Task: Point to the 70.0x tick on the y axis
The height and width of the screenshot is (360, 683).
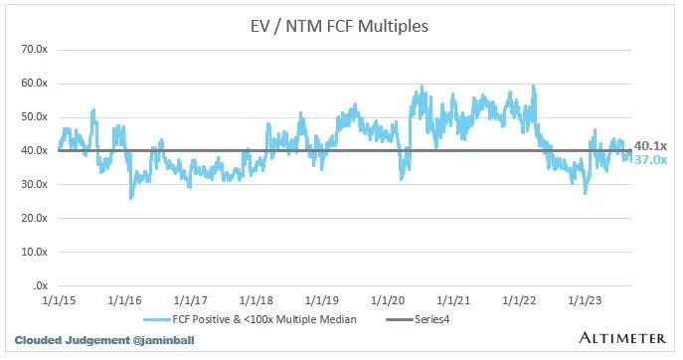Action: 36,48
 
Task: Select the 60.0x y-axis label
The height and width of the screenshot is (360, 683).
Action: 36,82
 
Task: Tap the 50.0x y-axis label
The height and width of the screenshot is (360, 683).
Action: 36,116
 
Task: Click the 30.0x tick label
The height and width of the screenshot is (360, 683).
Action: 36,184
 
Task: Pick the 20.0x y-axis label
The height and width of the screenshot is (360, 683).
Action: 36,218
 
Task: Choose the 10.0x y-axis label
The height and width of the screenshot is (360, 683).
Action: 36,252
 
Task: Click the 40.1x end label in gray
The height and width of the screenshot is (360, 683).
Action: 650,145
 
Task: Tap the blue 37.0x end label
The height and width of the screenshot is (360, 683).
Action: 650,159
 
